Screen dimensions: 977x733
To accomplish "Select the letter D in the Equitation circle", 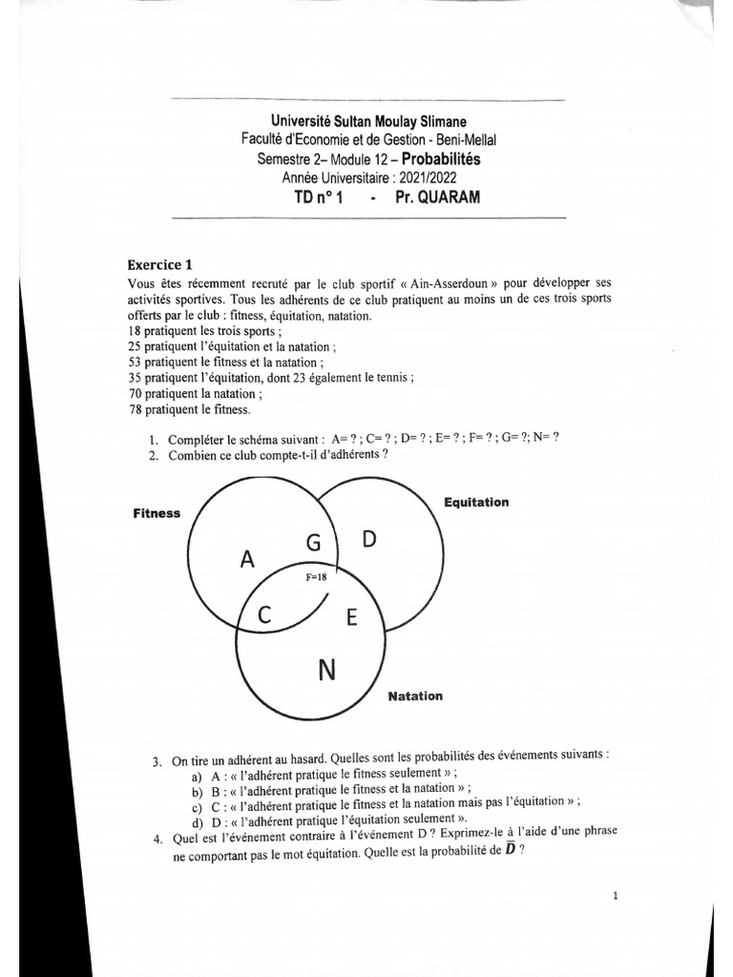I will [368, 540].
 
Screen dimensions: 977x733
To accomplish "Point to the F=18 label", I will [315, 577].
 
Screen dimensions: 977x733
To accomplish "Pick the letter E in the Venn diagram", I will [350, 618].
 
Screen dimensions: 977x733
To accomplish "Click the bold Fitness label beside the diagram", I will [157, 513].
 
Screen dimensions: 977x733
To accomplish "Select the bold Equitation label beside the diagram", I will [476, 502].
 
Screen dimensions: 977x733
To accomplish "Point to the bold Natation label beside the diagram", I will [415, 696].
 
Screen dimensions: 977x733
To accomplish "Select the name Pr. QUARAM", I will [435, 197].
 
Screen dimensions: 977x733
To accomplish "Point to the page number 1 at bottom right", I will [616, 896].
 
